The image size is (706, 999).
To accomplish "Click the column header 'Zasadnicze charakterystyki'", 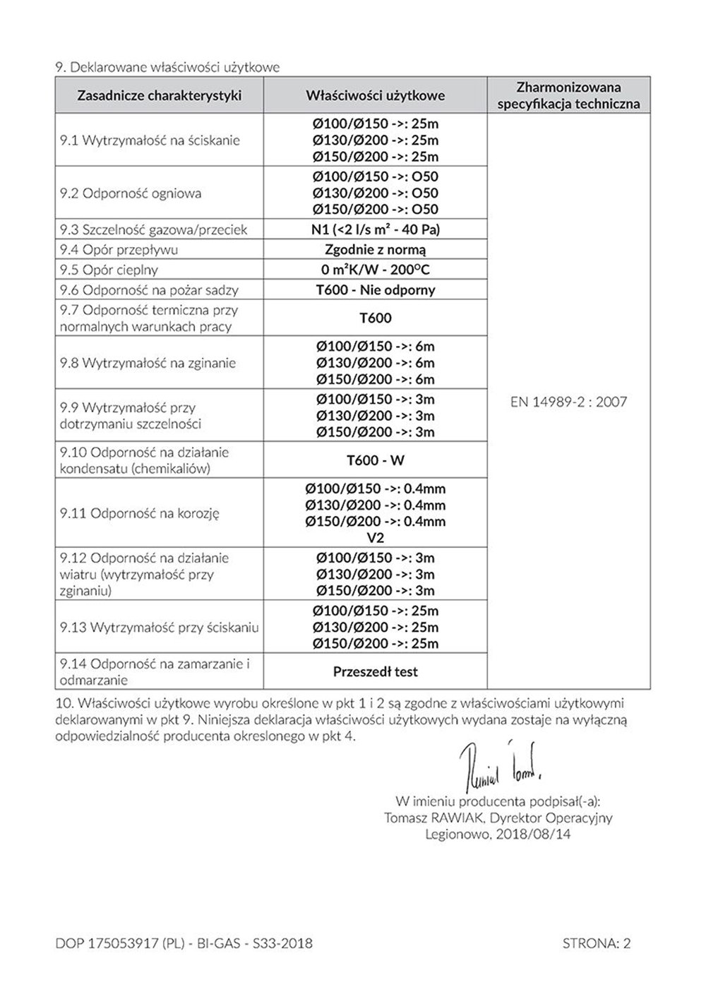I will (159, 95).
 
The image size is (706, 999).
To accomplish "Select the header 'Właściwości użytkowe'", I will (375, 95).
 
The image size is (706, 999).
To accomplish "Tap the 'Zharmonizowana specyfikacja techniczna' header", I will (568, 95).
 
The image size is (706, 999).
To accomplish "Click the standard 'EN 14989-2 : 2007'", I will (568, 402).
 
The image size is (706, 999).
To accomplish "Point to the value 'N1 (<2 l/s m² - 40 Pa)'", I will (375, 229).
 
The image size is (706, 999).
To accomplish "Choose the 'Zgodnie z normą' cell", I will (375, 249).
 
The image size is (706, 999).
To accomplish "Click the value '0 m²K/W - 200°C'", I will (375, 270).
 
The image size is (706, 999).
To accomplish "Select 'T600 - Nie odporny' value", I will (375, 289).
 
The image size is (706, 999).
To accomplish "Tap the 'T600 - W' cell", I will (375, 460).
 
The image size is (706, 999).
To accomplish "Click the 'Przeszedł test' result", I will (375, 671).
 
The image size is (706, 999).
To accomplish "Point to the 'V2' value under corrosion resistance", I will (375, 538).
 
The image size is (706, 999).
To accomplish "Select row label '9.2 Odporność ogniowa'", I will (131, 193).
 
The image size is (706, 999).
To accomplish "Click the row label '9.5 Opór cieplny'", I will (109, 270).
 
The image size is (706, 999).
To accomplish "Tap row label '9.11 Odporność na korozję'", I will (140, 513).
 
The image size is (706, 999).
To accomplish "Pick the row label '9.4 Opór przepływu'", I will (119, 249).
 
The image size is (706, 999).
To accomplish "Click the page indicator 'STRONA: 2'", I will (597, 943).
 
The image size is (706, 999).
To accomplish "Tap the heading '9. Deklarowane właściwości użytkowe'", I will (167, 68).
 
